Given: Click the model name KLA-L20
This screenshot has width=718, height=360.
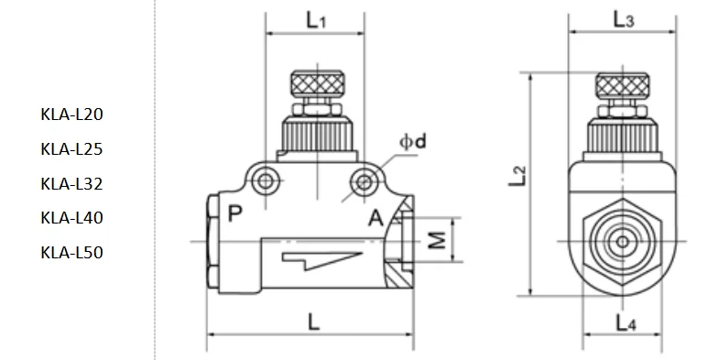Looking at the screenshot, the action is (71, 114).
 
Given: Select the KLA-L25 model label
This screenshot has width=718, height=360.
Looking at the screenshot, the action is (71, 148).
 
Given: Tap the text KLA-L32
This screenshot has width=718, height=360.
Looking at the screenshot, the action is (71, 183).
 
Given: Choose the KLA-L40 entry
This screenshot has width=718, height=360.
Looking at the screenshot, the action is (71, 218).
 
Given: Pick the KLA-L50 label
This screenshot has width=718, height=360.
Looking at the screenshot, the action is (71, 253).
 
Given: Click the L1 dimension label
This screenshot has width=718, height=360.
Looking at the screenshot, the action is (316, 20).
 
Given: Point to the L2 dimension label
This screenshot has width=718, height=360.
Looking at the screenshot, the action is (517, 176).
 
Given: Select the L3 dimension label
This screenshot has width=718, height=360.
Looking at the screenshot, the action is (624, 19).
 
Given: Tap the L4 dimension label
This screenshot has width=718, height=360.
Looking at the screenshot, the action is (626, 322).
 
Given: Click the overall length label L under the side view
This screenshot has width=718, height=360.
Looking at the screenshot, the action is (313, 322).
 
